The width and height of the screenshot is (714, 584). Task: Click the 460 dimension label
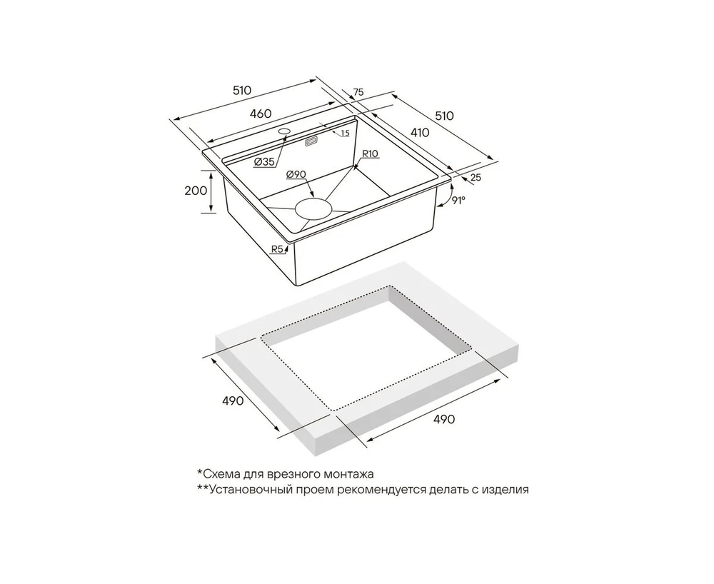(261, 114)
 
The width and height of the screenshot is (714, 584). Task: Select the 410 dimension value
(420, 133)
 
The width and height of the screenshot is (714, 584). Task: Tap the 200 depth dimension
(196, 191)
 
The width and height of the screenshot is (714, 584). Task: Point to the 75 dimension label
(358, 92)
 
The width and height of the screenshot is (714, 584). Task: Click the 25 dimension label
(476, 178)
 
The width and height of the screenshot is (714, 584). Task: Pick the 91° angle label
(459, 200)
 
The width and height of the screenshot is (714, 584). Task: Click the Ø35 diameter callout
(264, 161)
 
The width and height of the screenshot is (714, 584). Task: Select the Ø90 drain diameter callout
(296, 174)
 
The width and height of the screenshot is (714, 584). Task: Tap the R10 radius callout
(371, 153)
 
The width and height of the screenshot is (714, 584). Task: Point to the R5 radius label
(277, 249)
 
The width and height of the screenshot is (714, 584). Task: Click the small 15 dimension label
(345, 133)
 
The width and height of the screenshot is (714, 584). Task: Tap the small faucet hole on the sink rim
(284, 131)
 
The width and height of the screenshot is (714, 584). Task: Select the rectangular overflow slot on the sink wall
(311, 142)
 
